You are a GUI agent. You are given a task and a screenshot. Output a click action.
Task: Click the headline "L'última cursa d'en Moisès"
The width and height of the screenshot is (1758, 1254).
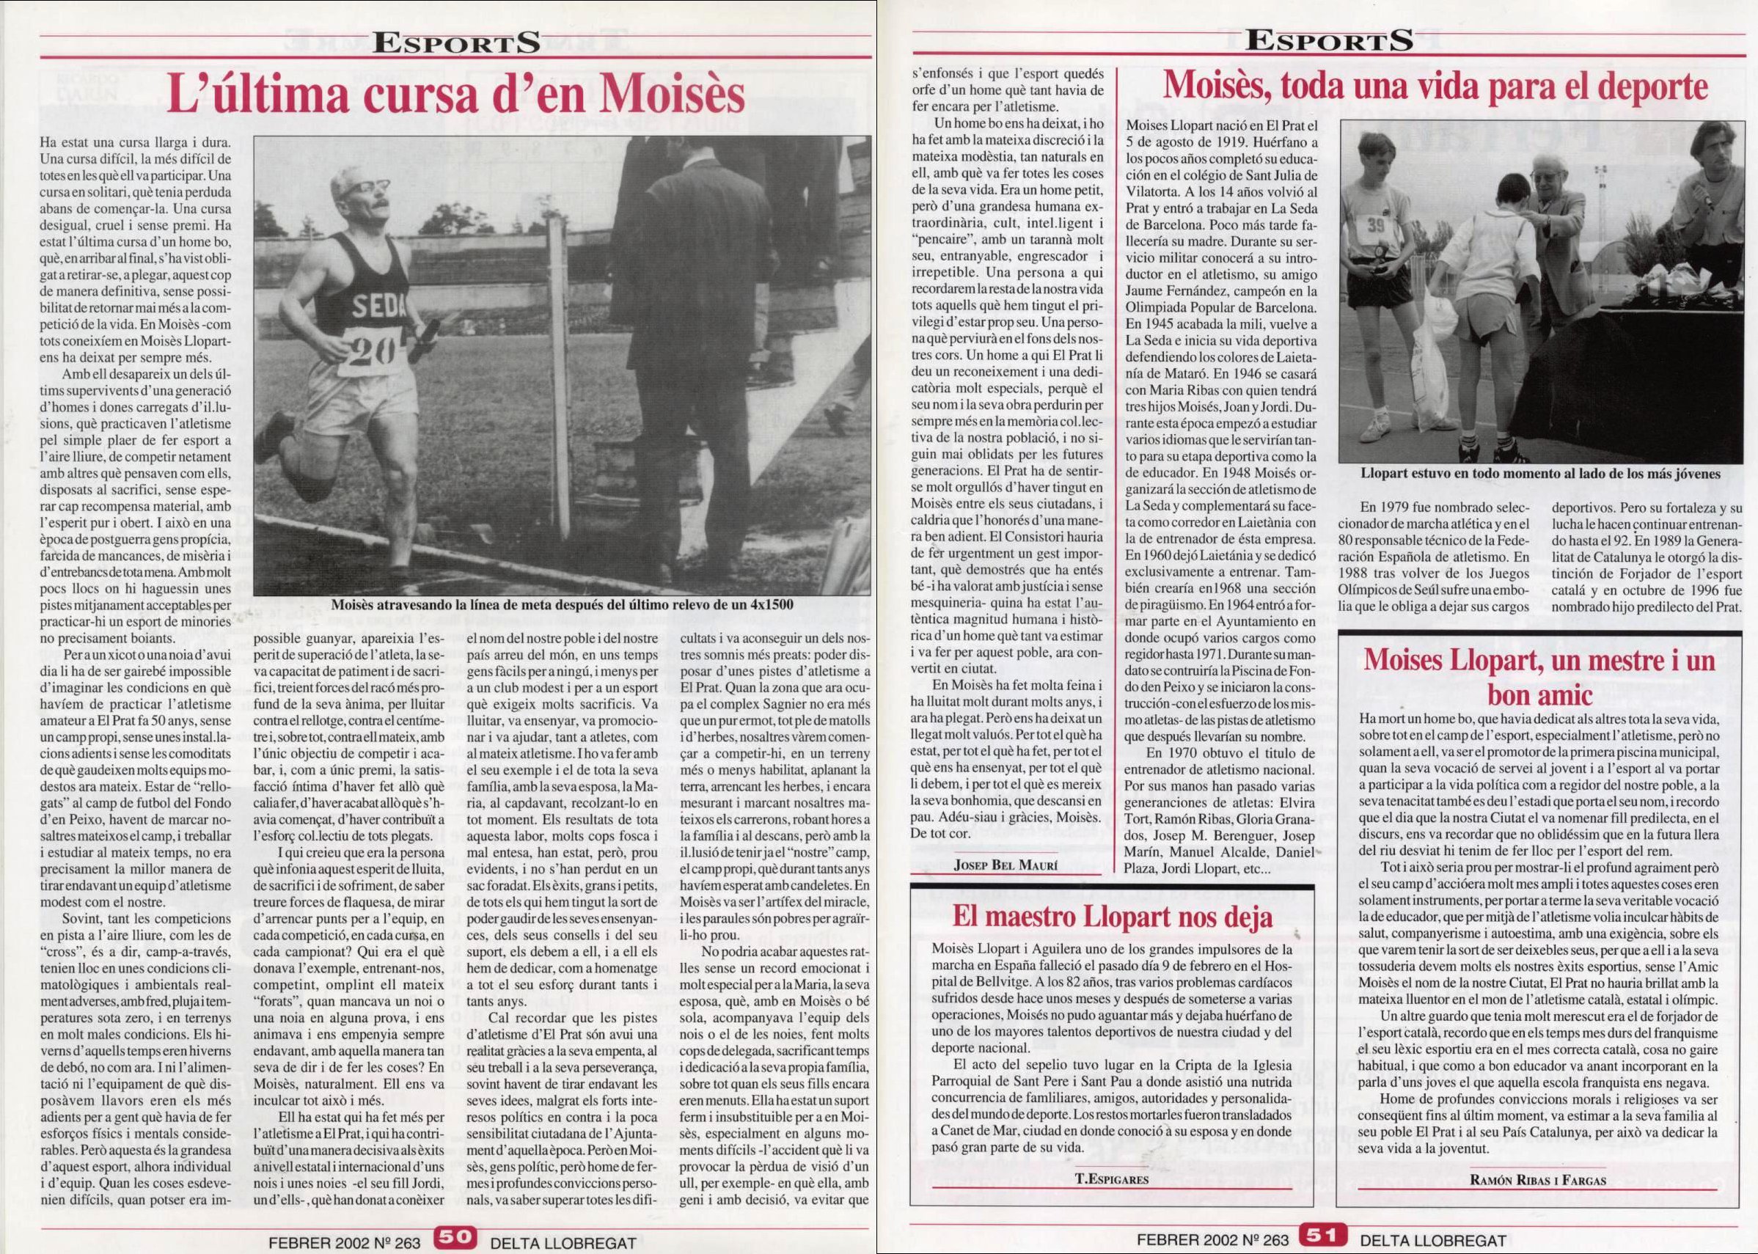click(x=458, y=96)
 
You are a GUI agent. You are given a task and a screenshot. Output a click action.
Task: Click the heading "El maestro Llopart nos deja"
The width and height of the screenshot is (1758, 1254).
click(x=1113, y=917)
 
